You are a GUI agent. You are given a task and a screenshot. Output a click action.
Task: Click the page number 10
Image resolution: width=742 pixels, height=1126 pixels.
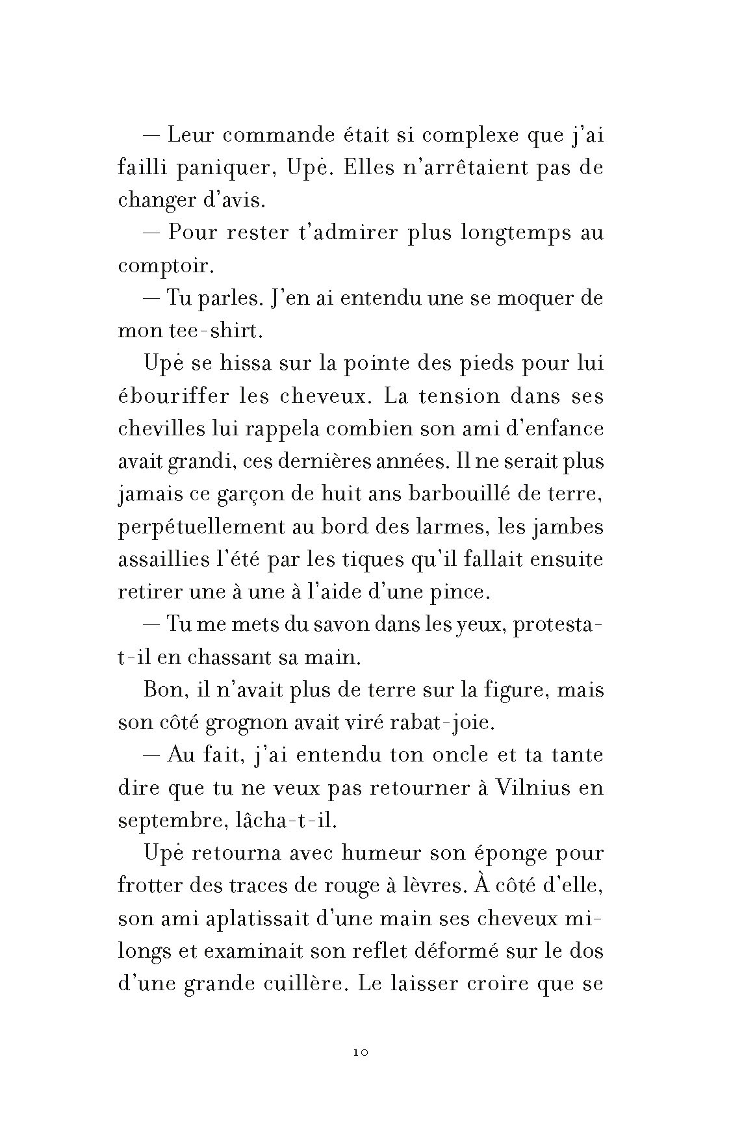[x=362, y=1052]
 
